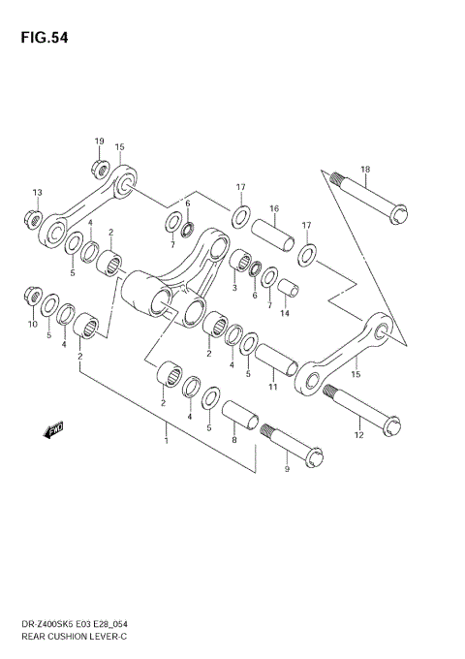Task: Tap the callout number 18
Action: click(365, 170)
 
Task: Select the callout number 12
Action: click(359, 436)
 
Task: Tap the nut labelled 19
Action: click(100, 168)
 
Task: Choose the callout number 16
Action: click(274, 208)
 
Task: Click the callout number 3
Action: click(234, 287)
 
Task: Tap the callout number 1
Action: click(166, 442)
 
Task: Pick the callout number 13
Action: click(38, 191)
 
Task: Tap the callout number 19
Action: click(99, 141)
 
